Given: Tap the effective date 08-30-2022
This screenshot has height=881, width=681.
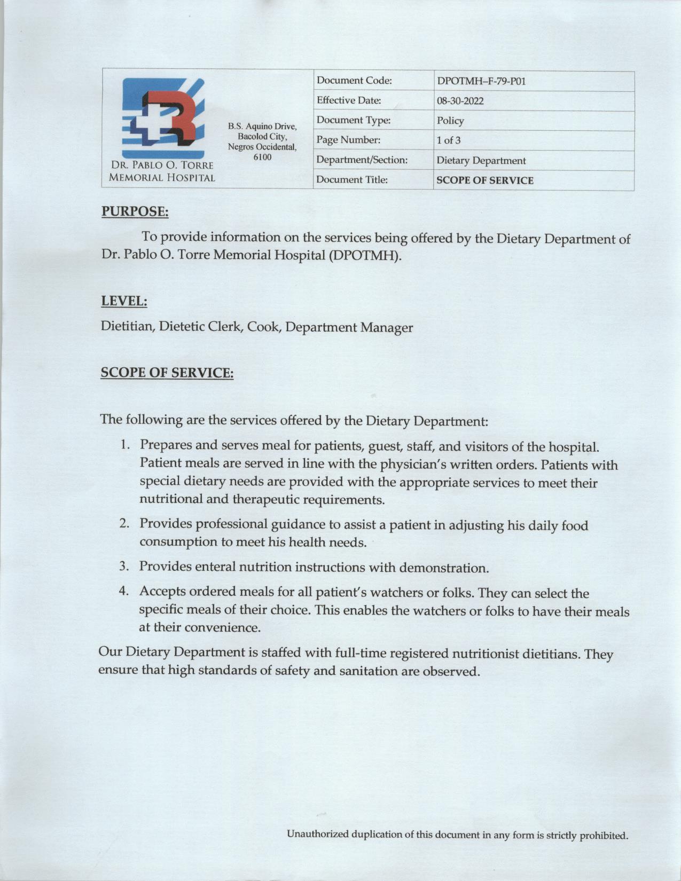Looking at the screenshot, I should click(x=460, y=101).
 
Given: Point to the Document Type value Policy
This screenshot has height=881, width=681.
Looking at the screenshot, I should click(x=450, y=121).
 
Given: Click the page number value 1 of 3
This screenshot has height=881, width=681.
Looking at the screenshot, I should click(x=449, y=140).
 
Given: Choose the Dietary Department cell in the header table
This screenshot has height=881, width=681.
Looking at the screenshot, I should click(x=481, y=161).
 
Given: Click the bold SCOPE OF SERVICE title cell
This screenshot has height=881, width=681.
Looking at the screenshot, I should click(x=484, y=180).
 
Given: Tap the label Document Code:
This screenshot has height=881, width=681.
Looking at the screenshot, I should click(x=354, y=81).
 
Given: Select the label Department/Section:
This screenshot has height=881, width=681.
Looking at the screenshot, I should click(x=362, y=160).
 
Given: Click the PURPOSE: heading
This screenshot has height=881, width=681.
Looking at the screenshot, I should click(x=135, y=212).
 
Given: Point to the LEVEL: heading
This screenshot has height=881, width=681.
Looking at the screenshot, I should click(x=124, y=301).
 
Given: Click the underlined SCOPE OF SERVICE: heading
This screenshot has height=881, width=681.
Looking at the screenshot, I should click(x=167, y=373).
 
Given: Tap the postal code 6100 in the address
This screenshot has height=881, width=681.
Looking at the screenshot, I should click(x=262, y=157).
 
